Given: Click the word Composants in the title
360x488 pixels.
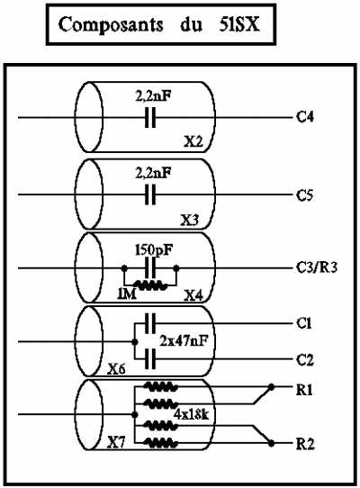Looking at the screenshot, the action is click(x=111, y=25).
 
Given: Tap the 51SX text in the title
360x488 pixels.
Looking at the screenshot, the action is click(x=238, y=24).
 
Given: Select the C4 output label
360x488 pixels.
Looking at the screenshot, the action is click(x=305, y=117).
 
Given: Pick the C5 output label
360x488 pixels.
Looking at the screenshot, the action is click(x=304, y=195).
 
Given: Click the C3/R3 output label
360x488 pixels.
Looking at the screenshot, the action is click(x=317, y=268).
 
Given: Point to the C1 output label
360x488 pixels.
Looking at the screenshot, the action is click(x=303, y=323).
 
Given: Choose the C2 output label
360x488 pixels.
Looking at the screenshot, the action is click(x=305, y=360).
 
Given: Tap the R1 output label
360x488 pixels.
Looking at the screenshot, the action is click(x=304, y=390).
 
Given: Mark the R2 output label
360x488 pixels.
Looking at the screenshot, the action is click(x=305, y=444).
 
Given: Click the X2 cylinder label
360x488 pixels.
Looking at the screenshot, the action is click(x=193, y=142).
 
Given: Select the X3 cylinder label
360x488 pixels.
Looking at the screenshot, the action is click(x=190, y=221).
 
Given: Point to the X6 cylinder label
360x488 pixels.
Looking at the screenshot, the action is click(x=117, y=369).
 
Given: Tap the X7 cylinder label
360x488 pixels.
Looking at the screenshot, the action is click(x=116, y=443).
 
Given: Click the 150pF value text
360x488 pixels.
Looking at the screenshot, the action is click(x=154, y=250).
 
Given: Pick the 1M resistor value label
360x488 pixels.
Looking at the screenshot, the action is click(x=127, y=294).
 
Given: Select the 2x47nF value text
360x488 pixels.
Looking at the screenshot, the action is click(x=184, y=341).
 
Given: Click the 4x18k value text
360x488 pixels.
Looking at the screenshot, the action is click(x=191, y=414).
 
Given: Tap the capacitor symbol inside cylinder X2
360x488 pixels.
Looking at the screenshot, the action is click(x=150, y=117).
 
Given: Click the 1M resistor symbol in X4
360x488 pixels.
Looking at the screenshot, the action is click(x=150, y=285).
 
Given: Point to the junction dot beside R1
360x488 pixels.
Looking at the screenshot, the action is click(x=271, y=387).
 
